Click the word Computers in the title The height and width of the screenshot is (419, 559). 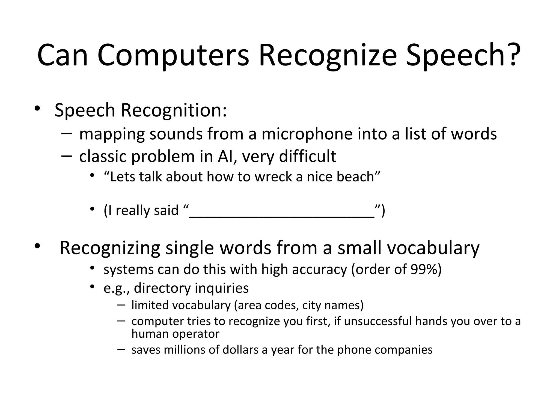click(x=173, y=56)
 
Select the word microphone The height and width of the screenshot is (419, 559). click(x=307, y=134)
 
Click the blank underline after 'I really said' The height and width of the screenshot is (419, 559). click(x=282, y=216)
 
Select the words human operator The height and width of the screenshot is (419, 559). click(x=175, y=334)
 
